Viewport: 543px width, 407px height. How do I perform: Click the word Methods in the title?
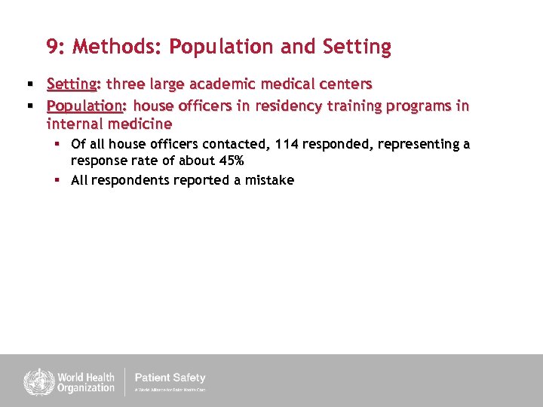pos(114,47)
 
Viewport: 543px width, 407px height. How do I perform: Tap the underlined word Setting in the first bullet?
pos(70,84)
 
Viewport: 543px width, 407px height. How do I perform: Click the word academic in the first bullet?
pos(219,84)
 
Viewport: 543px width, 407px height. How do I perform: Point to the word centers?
pos(343,84)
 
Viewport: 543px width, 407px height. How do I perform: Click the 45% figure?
pos(229,161)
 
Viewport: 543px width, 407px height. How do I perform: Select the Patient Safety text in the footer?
pos(170,378)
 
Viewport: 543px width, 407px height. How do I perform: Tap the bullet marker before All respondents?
pos(57,180)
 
